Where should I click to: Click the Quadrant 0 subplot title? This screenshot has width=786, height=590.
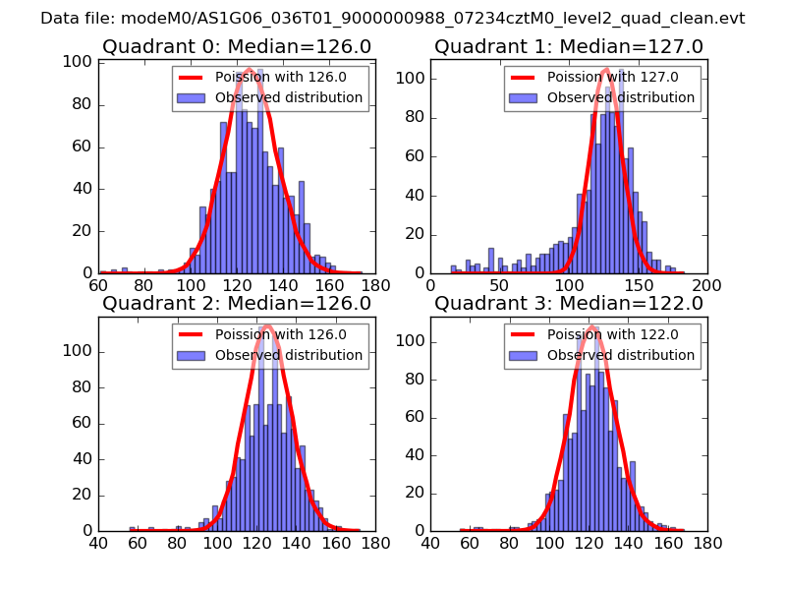tap(237, 46)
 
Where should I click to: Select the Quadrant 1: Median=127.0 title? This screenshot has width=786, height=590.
tap(569, 46)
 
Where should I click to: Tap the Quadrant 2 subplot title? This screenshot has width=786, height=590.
tap(237, 304)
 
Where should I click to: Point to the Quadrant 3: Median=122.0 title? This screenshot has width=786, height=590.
tap(569, 304)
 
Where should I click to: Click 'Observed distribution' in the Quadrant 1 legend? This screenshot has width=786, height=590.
tap(621, 98)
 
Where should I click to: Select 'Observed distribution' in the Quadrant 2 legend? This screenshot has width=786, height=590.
tap(289, 355)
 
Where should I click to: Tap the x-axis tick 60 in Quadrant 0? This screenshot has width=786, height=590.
tap(98, 285)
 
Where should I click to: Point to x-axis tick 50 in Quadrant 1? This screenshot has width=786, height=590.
tap(500, 285)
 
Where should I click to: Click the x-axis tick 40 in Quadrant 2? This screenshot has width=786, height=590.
tap(98, 542)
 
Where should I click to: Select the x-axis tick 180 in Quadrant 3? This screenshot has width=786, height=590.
tap(707, 542)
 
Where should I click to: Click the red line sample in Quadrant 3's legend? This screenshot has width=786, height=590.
tap(525, 334)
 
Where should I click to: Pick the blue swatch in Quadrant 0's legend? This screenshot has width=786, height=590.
tap(193, 98)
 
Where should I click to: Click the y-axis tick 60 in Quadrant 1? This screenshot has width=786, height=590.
tap(417, 155)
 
